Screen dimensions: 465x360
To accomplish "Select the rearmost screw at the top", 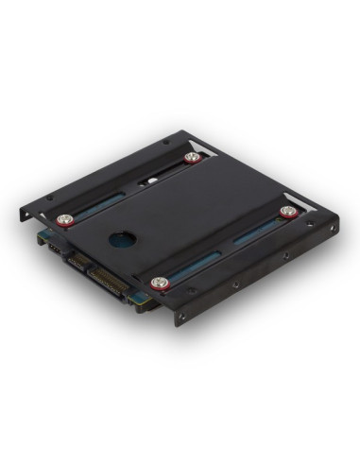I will point(193,158).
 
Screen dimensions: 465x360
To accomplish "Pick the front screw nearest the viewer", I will point(160,282).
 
